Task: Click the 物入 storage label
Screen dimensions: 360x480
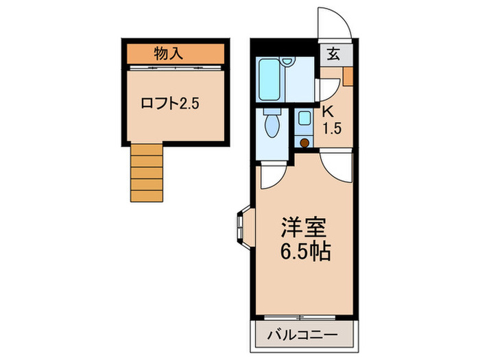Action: click(168, 53)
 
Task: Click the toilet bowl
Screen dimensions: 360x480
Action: click(272, 126)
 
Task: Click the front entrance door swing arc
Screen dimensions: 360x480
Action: click(335, 23)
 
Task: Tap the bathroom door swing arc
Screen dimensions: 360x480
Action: click(328, 90)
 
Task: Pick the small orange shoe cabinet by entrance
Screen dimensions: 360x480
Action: click(348, 76)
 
